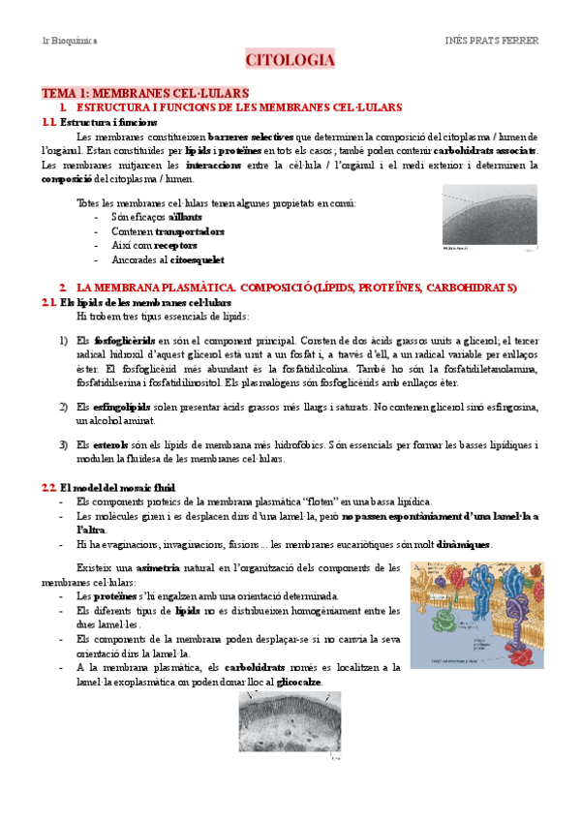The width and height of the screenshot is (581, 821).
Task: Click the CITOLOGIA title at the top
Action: click(290, 61)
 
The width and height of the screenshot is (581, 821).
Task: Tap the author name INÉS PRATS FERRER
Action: click(492, 41)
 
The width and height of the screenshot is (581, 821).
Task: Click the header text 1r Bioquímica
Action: click(70, 41)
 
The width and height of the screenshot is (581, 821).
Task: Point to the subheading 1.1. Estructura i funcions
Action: click(93, 123)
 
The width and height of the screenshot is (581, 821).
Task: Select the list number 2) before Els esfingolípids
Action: click(63, 408)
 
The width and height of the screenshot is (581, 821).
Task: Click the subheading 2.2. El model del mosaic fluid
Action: click(101, 487)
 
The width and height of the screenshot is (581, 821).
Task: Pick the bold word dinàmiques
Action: click(464, 544)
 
